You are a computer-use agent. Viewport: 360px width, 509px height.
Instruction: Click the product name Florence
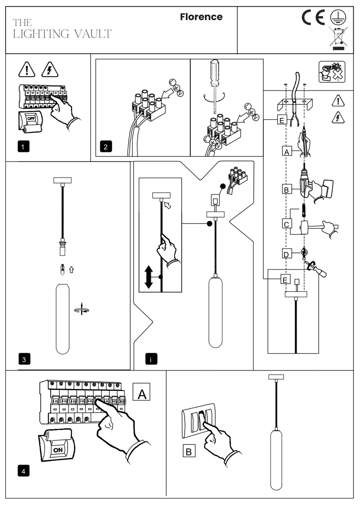201,17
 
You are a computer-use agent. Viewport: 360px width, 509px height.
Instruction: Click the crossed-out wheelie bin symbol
338,38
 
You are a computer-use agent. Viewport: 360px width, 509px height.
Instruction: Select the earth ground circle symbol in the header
338,17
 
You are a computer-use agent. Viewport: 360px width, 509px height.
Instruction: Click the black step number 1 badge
23,147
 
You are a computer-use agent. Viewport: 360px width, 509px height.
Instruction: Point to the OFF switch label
31,119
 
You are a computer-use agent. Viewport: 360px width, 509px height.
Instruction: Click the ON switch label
58,450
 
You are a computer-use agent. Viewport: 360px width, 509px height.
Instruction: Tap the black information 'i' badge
151,359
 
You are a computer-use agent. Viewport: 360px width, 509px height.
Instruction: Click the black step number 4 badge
23,471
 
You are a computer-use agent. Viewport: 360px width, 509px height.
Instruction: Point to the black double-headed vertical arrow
149,277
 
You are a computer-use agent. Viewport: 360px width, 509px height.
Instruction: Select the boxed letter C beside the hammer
286,224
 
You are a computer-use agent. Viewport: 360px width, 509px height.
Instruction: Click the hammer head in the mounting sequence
304,227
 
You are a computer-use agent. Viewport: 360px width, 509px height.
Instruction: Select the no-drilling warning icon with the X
332,72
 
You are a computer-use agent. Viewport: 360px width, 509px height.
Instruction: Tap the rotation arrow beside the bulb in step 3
82,309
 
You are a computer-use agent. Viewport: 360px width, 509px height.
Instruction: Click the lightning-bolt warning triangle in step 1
50,69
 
